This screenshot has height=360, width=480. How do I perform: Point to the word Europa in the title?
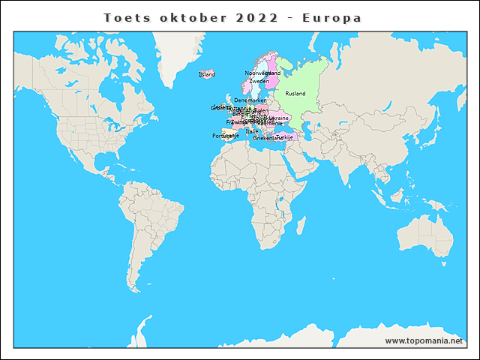(x=331, y=16)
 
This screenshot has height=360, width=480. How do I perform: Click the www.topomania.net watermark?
(x=424, y=341)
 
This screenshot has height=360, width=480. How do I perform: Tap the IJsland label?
(x=206, y=74)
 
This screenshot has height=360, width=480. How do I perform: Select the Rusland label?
(x=295, y=93)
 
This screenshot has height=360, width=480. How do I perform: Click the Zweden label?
(x=259, y=81)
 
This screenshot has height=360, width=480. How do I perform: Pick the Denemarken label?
(x=250, y=100)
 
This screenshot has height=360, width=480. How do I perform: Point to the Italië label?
(x=252, y=131)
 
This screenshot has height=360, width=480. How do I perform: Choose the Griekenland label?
(x=268, y=138)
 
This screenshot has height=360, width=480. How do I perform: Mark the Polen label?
(x=261, y=110)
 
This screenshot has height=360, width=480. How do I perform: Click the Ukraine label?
(x=279, y=118)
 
